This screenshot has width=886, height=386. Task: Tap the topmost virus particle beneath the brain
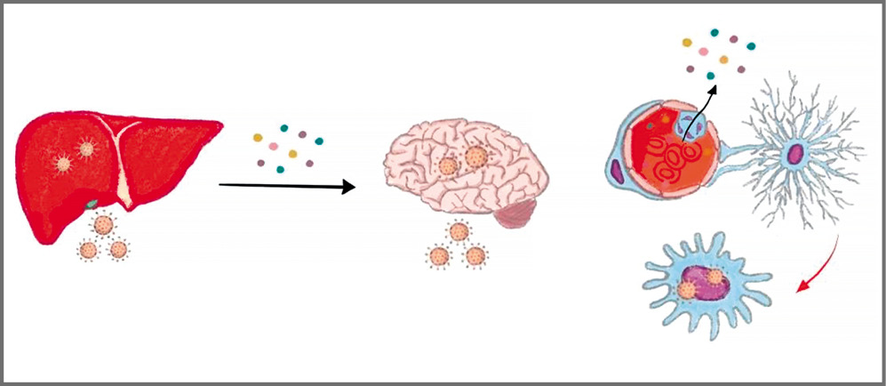click(459, 232)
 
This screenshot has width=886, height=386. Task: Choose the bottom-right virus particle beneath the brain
click(475, 257)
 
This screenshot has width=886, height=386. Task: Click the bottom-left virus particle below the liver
click(88, 250)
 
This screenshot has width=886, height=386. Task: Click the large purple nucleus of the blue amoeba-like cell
click(710, 284)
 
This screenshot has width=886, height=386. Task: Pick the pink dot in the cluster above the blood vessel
click(688, 42)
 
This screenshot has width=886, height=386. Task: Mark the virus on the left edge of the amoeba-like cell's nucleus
click(686, 290)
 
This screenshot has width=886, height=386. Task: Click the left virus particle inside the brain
click(449, 166)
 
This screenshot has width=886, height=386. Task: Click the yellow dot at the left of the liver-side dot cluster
click(259, 138)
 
